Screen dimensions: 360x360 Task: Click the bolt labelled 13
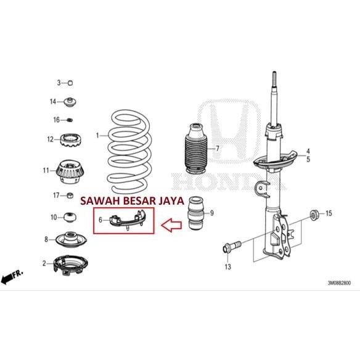click(229, 248)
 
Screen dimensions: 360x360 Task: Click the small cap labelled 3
click(70, 83)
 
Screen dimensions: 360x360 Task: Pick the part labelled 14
click(71, 101)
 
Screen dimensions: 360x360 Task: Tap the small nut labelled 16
click(71, 119)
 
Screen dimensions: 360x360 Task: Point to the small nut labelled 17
click(72, 196)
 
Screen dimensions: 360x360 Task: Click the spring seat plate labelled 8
click(72, 239)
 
